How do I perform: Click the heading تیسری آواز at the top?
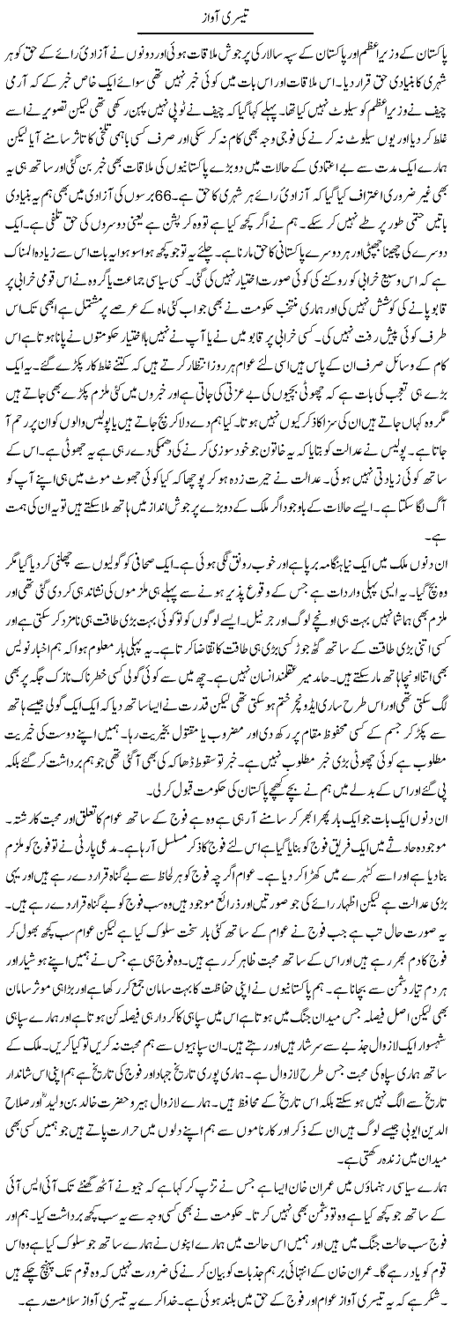[225, 17]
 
